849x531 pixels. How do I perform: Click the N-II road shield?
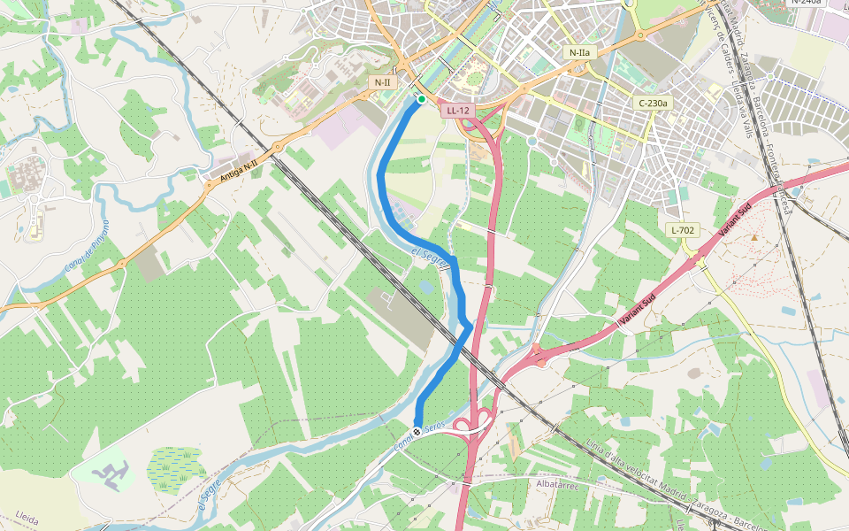[x=382, y=82]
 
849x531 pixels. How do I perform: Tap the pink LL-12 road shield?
[x=458, y=111]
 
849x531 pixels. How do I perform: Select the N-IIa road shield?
[x=579, y=52]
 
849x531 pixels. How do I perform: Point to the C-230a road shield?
[x=654, y=103]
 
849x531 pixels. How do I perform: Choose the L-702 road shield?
[x=683, y=230]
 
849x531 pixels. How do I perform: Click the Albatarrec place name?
[x=557, y=484]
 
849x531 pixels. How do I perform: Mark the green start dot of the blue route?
[x=422, y=99]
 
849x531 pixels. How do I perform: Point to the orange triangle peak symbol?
[x=753, y=236]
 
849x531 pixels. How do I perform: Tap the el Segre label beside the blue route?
[x=432, y=258]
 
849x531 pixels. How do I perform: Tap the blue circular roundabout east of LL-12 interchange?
[x=532, y=141]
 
